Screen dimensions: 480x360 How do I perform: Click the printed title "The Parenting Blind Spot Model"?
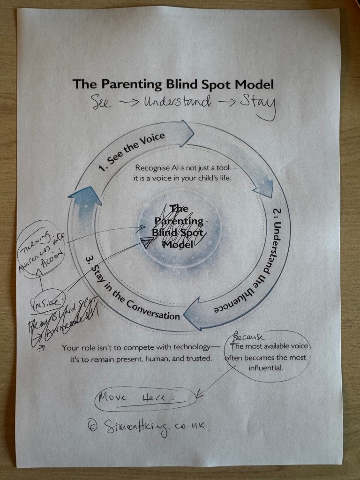coord(173,84)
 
